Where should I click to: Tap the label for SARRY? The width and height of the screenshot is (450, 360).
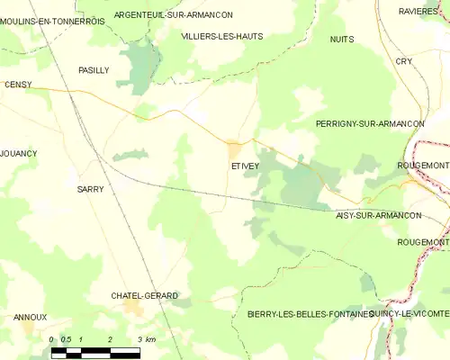90,189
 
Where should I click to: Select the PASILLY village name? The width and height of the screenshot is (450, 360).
94,69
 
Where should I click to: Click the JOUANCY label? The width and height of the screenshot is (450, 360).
19,153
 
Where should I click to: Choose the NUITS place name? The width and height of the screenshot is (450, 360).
342,40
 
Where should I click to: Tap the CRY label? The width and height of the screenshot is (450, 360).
403,61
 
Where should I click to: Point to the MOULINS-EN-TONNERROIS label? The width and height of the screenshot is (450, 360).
52,21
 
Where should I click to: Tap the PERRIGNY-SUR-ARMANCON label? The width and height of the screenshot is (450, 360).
369,121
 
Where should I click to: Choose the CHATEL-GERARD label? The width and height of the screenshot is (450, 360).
144,295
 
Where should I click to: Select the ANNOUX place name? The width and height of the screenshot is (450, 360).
30,317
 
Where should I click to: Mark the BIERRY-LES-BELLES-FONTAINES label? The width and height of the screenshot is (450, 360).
309,314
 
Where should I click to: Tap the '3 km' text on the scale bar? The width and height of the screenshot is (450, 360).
147,339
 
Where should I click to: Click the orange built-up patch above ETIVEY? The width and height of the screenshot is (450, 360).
235,148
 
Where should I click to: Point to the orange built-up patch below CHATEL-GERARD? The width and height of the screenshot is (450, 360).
135,310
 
